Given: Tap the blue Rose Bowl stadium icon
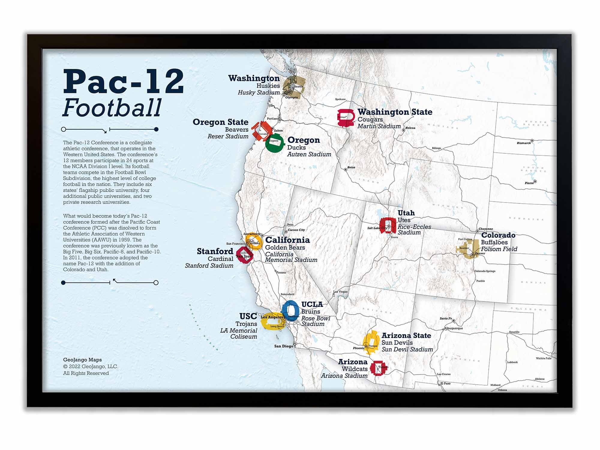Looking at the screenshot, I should tap(290, 310).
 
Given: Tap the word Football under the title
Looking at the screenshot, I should tap(112, 108).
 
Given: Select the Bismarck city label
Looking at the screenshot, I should tap(523, 143).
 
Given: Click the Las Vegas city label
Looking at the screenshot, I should tap(340, 292).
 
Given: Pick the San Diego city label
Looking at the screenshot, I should tap(283, 346).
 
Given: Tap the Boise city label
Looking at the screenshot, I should tap(351, 167).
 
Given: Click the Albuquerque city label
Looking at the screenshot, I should tap(453, 328).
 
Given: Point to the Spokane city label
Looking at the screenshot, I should tap(340, 99).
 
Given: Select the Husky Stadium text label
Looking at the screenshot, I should tap(259, 93).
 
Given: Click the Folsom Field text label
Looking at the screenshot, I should tap(499, 249).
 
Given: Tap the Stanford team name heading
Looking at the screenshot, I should tap(215, 251).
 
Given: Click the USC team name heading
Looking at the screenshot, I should tap(248, 316).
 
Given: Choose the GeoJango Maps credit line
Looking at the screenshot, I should tap(82, 360).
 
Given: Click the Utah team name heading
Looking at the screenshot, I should tap(406, 213).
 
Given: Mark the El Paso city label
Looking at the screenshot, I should tap(445, 383).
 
